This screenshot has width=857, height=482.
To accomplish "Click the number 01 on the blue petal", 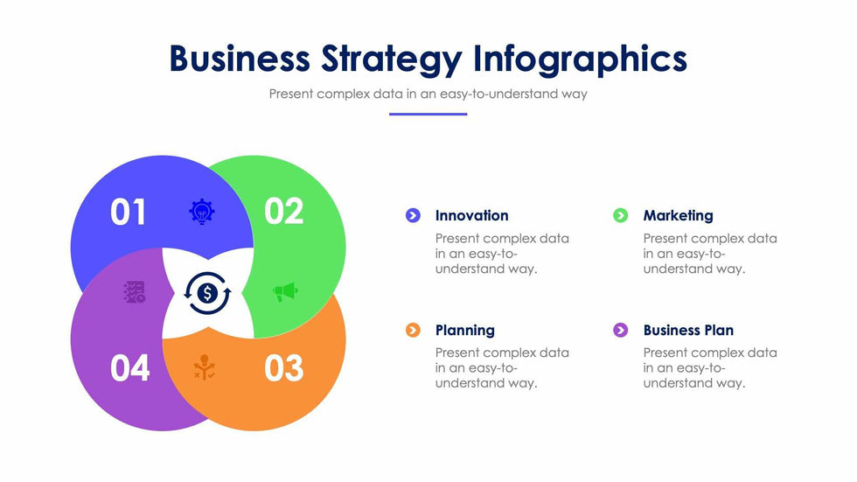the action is (x=128, y=212).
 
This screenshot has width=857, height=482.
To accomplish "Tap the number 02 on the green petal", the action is (x=283, y=211).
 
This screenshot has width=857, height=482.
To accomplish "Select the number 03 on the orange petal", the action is (x=283, y=368).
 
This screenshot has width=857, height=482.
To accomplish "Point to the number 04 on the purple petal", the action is (x=130, y=368).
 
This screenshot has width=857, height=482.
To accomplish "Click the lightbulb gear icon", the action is (x=202, y=212).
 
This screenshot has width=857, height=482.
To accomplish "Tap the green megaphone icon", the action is (x=285, y=292).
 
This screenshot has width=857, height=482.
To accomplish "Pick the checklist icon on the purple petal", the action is (x=135, y=292).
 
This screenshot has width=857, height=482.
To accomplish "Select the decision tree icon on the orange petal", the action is (x=205, y=367).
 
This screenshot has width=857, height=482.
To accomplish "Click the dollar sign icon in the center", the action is (x=207, y=293).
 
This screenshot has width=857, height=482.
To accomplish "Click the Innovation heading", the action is (x=471, y=216).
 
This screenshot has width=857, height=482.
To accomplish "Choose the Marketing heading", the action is (x=679, y=216).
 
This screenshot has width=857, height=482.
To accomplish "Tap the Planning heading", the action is (x=465, y=330).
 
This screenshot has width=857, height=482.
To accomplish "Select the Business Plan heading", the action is (x=689, y=330).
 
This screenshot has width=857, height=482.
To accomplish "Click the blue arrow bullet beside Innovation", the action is (x=413, y=215).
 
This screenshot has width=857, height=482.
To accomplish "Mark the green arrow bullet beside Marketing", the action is (x=620, y=215).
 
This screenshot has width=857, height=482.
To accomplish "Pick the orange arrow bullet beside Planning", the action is (x=413, y=330).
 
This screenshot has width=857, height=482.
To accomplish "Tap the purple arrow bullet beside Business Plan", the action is (x=620, y=330).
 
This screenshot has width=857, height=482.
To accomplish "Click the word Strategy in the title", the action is (x=392, y=59).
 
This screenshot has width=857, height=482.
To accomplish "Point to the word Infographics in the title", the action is (x=580, y=59).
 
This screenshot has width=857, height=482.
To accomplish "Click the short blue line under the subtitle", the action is (x=428, y=115).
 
